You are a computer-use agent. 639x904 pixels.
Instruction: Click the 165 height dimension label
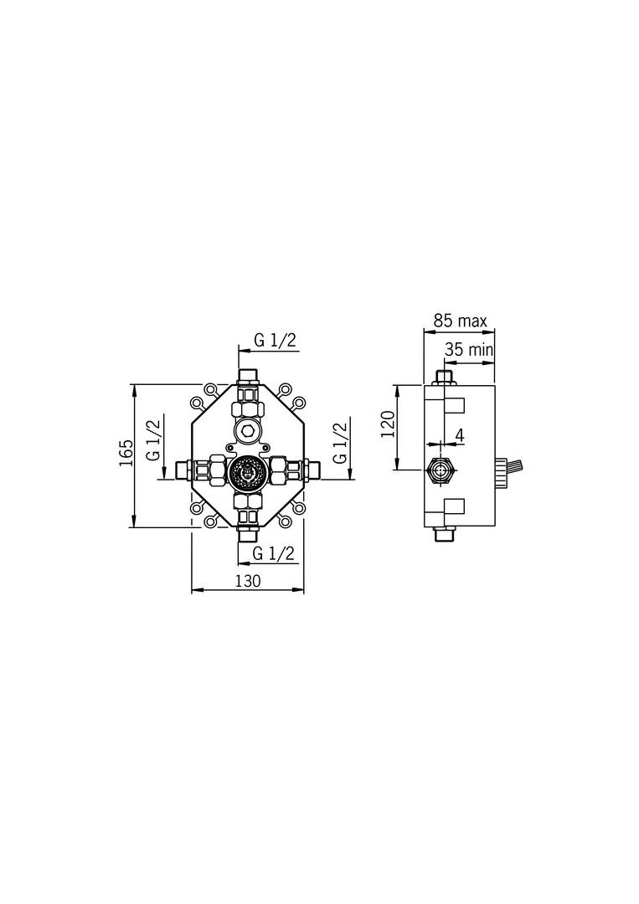coord(126,453)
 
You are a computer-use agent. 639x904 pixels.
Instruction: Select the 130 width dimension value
coord(248,581)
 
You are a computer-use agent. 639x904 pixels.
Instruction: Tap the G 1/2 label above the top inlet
coord(275,340)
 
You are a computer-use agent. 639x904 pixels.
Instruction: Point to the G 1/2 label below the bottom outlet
coord(274,553)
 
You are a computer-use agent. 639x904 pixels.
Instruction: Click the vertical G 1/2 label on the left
coord(154,440)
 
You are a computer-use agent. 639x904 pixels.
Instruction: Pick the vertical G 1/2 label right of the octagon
coord(340,442)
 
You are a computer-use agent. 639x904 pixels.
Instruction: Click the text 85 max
coord(461,321)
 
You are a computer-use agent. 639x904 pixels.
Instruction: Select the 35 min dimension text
coord(470,349)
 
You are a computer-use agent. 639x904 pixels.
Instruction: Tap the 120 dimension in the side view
coord(389,424)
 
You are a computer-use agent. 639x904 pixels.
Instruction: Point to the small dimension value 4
coord(460,435)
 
